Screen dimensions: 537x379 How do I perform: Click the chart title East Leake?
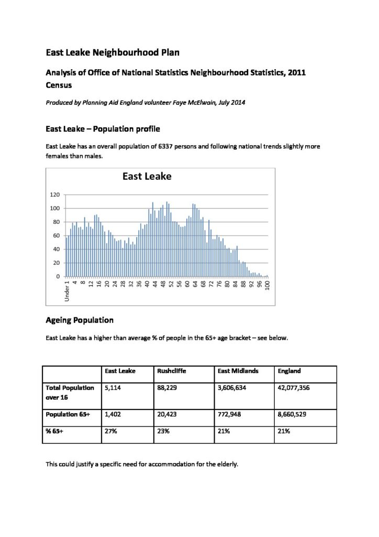(x=147, y=176)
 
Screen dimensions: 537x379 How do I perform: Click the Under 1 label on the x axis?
(x=67, y=292)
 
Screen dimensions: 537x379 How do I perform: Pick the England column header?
(x=289, y=371)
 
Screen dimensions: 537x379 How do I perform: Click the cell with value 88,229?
(x=168, y=388)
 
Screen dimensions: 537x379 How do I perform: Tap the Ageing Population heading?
(x=80, y=319)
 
